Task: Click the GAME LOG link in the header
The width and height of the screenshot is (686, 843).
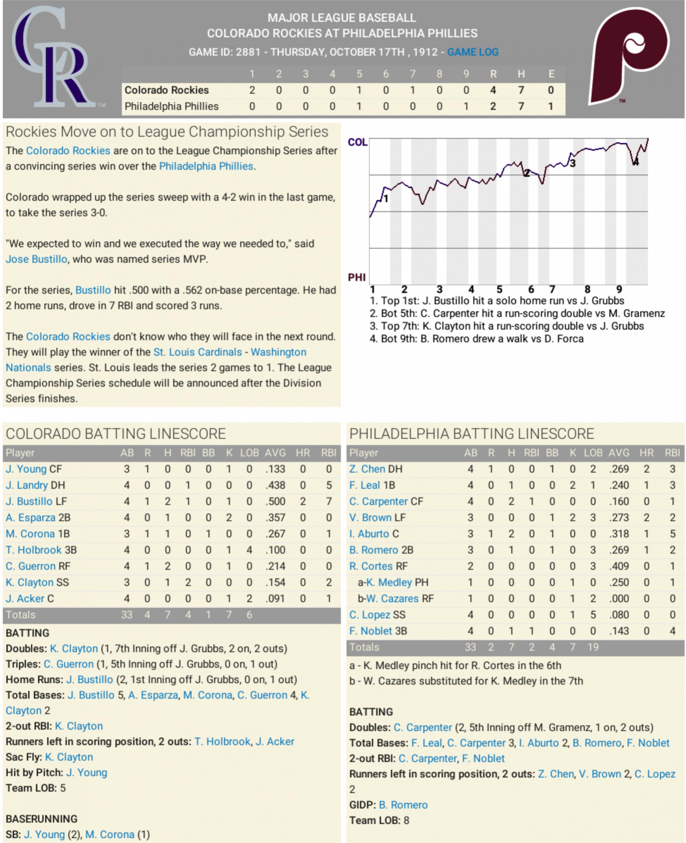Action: [472, 52]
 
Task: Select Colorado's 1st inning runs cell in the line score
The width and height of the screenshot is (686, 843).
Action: [252, 91]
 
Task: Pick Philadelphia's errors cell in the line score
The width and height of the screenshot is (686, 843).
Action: [550, 107]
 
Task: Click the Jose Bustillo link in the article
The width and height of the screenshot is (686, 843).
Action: [36, 259]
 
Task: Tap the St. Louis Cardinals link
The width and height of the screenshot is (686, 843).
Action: [198, 352]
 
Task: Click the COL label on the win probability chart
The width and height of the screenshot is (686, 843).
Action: [357, 142]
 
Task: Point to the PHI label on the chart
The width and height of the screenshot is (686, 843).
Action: [357, 277]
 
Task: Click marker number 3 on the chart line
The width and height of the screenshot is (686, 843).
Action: [573, 163]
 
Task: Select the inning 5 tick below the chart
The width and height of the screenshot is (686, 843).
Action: [500, 290]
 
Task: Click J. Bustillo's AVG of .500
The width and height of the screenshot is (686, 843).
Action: [275, 502]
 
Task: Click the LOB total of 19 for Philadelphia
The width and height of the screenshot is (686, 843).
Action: [593, 647]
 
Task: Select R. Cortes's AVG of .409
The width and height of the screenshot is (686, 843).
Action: [619, 566]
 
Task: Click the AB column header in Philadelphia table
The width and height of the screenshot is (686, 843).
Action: [470, 453]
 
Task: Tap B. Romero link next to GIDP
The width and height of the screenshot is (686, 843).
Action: [403, 805]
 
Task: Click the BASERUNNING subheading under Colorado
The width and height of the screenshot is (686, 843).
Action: [42, 819]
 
